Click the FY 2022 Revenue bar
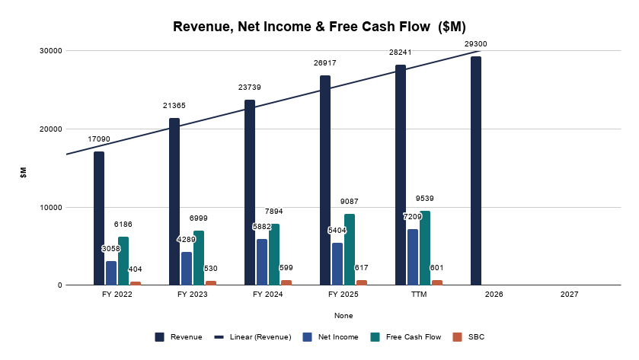(99, 218)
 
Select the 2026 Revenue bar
(476, 171)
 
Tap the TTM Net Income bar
(413, 257)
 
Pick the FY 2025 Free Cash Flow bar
(350, 250)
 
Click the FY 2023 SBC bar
(211, 283)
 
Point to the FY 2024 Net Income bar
(262, 263)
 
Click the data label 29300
(475, 44)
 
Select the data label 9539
(425, 199)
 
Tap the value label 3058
(111, 248)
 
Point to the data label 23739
(249, 88)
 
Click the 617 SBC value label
(362, 268)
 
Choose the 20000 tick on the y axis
(51, 129)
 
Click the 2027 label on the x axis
(570, 294)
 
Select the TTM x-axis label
(419, 294)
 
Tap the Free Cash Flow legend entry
(406, 337)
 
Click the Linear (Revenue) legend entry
(253, 337)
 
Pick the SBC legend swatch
(457, 337)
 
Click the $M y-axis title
(23, 172)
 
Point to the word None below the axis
(343, 316)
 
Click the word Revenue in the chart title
(203, 27)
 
